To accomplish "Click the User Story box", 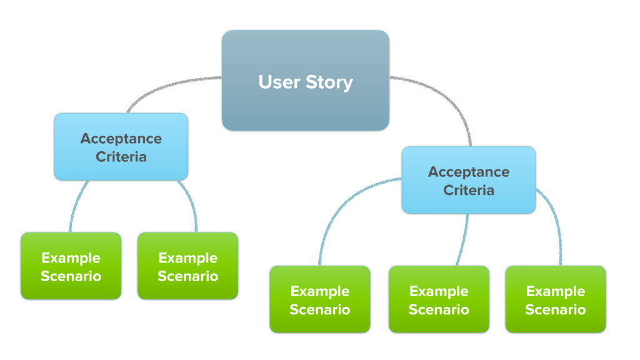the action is pos(305,81).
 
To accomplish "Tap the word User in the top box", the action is pos(279,82).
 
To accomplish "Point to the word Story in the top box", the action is pos(329,83).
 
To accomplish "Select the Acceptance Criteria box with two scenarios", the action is pos(121,146).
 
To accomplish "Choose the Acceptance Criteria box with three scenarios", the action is pos(469,180).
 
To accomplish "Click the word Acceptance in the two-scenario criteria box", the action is pos(121,139).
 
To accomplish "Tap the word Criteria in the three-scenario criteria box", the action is pos(469,190).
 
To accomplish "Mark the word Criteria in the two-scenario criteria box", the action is pos(121,157).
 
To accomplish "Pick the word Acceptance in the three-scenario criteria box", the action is pos(469,172).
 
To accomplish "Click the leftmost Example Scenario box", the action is pos(71,266).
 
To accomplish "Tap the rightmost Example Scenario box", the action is pos(556,299).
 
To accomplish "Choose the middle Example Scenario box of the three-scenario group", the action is pos(439,299).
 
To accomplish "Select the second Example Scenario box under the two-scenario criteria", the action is pos(187,266).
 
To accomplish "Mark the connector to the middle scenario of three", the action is pos(464,240).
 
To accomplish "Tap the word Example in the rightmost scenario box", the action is pos(556,291).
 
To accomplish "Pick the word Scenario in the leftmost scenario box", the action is pos(71,276).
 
